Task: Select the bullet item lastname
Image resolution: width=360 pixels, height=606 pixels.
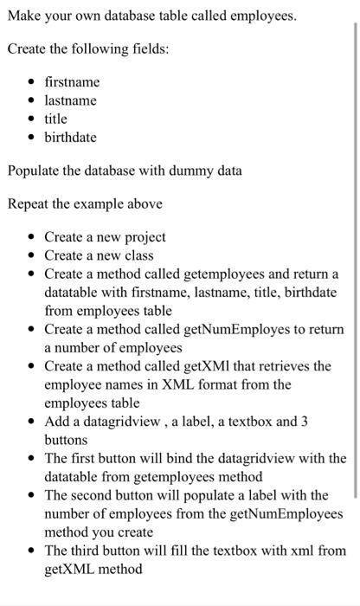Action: (70, 100)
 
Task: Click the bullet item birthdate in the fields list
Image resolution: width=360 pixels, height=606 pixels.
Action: (71, 138)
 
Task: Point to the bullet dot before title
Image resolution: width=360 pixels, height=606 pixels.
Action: (32, 119)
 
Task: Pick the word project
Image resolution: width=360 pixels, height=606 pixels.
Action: (141, 236)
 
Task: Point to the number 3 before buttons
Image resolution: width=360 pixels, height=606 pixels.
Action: (302, 422)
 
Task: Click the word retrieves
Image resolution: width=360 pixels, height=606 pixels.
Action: (277, 367)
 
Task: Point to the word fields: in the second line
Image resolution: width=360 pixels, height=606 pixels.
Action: (148, 48)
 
